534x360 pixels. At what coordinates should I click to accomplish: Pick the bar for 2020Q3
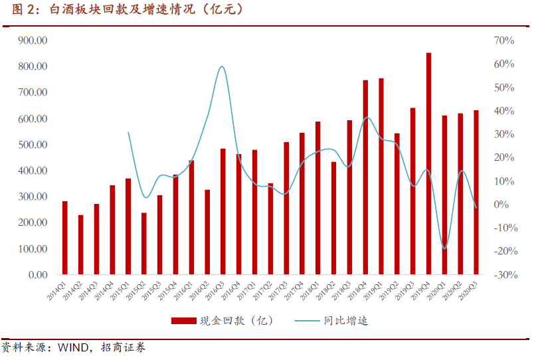pyautogui.click(x=476, y=192)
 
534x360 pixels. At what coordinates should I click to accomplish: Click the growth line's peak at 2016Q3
pyautogui.click(x=222, y=66)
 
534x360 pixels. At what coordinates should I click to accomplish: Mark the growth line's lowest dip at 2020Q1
pyautogui.click(x=444, y=248)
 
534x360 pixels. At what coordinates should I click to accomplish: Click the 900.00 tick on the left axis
pyautogui.click(x=33, y=41)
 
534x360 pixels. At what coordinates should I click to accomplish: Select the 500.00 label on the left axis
pyautogui.click(x=33, y=145)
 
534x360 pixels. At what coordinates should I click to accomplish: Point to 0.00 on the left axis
pyautogui.click(x=37, y=275)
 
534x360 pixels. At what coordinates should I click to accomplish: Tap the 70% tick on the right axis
pyautogui.click(x=505, y=41)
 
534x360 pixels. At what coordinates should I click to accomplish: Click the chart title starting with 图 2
pyautogui.click(x=127, y=10)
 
